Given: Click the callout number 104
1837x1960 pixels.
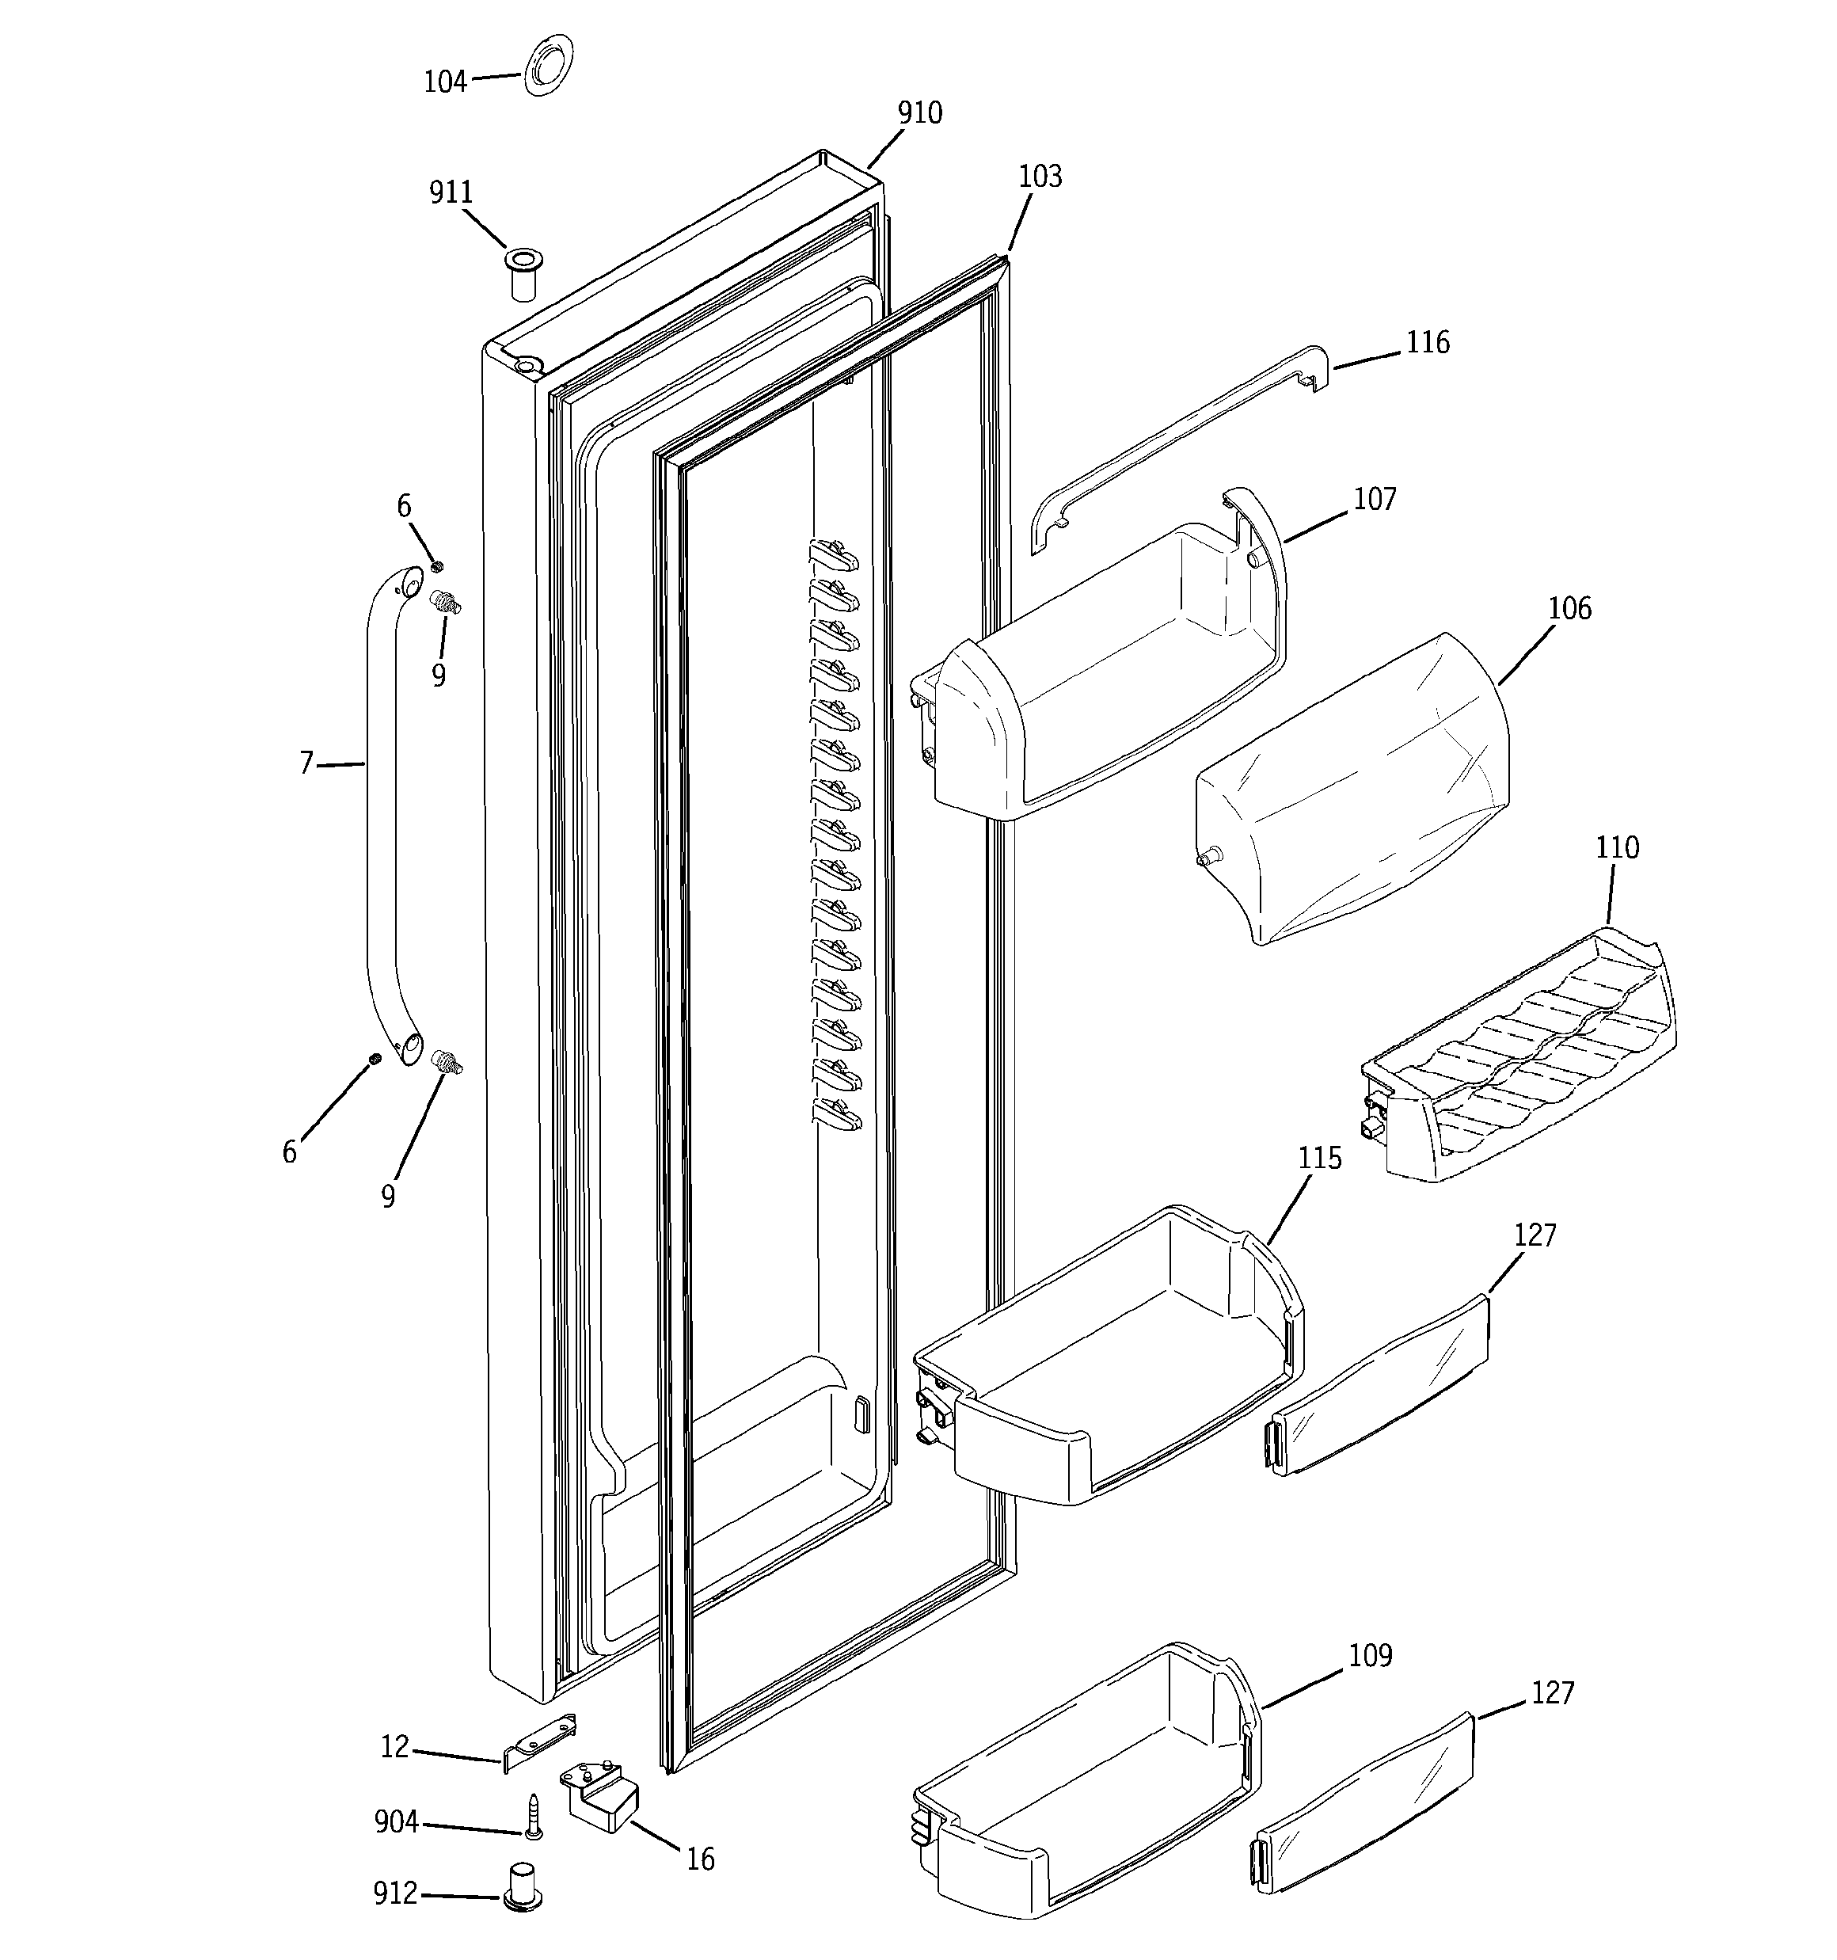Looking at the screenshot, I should [x=445, y=82].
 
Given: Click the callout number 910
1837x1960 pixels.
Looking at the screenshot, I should [x=919, y=113].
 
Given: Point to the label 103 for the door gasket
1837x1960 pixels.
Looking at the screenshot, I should [x=1040, y=177].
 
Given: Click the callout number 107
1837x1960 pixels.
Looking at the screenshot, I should [x=1375, y=499].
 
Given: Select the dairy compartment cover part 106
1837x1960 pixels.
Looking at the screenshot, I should [x=1351, y=789].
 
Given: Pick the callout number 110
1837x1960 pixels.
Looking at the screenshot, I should [x=1617, y=848].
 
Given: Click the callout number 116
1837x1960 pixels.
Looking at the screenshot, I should [x=1427, y=343].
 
